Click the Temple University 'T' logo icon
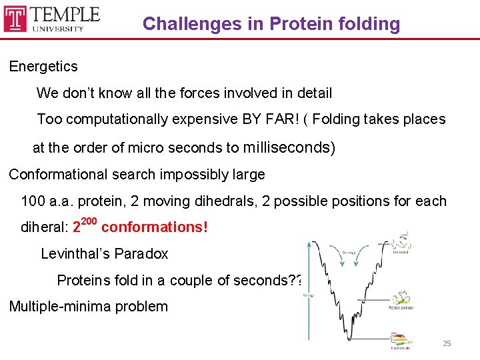[15, 19]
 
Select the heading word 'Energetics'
[43, 67]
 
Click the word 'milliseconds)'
[290, 147]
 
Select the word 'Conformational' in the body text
[57, 175]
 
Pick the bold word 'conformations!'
[155, 227]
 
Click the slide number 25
[447, 343]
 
